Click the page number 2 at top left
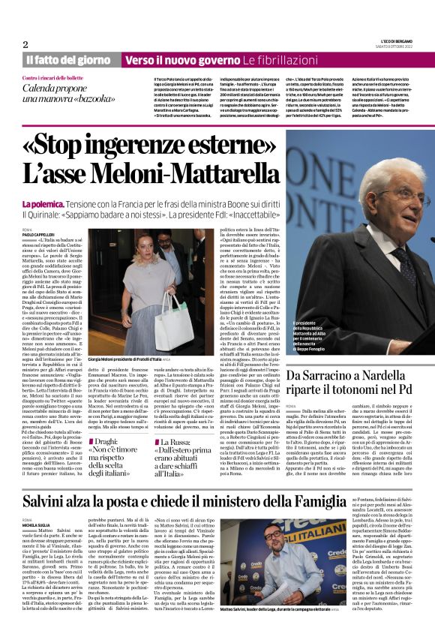(x=25, y=44)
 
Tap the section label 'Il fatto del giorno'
(x=70, y=59)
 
